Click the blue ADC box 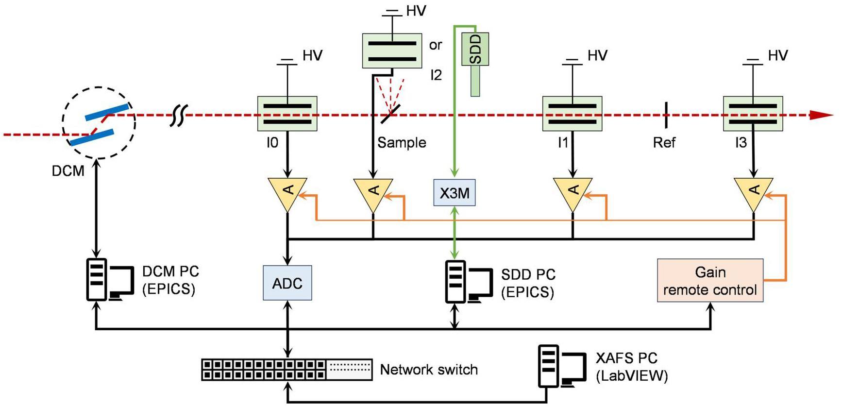(287, 283)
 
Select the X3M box (454, 193)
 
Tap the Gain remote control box (710, 281)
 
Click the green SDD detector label (475, 49)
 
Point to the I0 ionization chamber (287, 114)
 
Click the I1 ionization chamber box (572, 114)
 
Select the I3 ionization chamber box (753, 114)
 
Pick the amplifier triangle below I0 (287, 192)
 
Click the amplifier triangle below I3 (753, 192)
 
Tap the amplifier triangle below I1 (573, 192)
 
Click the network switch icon (286, 370)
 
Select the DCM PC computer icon (110, 280)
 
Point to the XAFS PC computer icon (562, 367)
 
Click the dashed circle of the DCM (99, 123)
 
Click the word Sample (402, 143)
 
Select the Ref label (664, 143)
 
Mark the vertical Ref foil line (666, 115)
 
